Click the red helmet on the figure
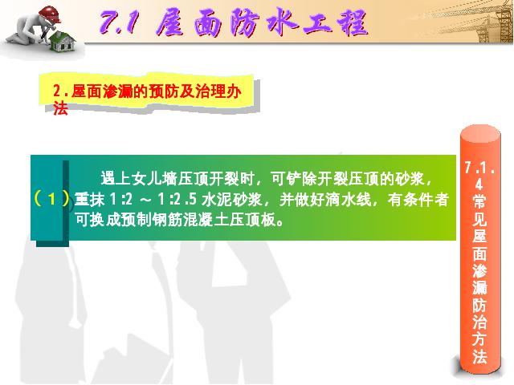(49, 14)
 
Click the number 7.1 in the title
(118, 22)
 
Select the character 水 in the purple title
(282, 22)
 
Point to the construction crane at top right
(492, 22)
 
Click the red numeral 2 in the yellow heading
(57, 91)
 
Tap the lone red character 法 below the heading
(60, 108)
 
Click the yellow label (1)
(51, 199)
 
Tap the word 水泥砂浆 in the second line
(232, 199)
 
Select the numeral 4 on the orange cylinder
(479, 185)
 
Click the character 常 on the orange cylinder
(479, 201)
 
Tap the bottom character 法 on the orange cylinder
(479, 356)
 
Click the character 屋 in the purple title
(169, 22)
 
